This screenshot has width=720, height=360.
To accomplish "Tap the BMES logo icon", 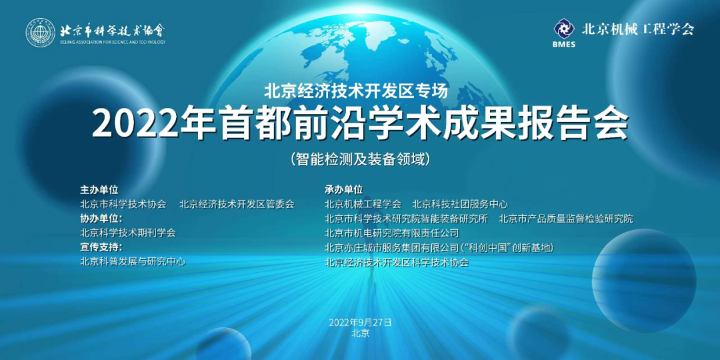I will [564, 29].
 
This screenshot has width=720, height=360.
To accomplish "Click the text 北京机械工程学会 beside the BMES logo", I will [638, 29].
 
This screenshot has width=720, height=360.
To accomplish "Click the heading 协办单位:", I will [101, 218].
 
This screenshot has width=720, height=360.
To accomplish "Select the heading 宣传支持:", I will [101, 247].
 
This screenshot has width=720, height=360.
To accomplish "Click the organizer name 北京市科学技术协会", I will [123, 204].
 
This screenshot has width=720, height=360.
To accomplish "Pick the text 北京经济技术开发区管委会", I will [237, 204].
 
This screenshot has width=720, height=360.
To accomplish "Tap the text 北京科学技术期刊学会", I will [127, 233].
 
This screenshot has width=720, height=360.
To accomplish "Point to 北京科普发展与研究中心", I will [133, 262].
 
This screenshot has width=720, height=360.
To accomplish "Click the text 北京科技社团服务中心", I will [460, 204].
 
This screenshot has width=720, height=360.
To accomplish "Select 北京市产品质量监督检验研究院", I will [566, 218].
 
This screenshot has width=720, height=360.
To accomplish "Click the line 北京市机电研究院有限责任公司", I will [392, 233].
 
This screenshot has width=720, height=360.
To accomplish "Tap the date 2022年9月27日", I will [360, 323].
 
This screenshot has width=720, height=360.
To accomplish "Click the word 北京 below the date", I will [360, 333].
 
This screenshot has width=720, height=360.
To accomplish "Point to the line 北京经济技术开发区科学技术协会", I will [397, 262].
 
